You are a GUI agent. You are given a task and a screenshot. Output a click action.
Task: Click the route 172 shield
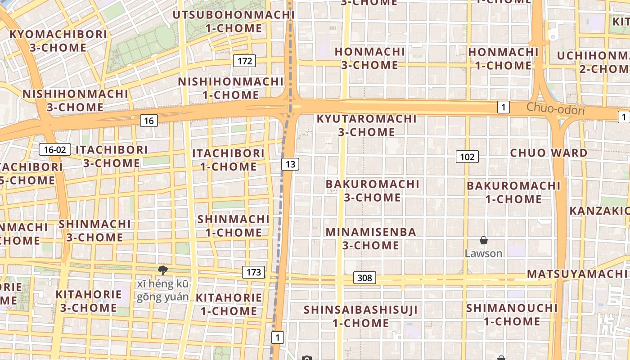coord(245,61)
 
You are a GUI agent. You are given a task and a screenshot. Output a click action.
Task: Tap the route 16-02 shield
coord(55,149)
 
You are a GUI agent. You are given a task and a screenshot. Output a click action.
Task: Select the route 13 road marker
coord(290,164)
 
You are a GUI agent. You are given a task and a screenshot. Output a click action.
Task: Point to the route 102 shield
coord(467,157)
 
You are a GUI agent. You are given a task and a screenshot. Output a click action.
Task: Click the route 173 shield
coord(254,272)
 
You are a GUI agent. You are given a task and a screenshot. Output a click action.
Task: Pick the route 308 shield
coord(364,278)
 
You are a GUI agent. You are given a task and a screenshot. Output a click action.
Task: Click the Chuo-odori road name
coord(555,108)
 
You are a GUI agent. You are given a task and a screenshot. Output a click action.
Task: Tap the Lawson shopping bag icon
coord(484,240)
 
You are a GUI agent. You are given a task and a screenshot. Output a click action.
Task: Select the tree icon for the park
coord(163,270)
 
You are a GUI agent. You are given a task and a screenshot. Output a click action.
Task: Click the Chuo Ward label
coord(549,153)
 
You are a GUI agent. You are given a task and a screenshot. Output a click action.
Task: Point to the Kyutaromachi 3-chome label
coord(367,126)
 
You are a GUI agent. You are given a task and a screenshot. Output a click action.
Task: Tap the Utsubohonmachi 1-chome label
coord(234,22)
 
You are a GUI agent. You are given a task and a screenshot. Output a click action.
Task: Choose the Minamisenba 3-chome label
coord(371,238)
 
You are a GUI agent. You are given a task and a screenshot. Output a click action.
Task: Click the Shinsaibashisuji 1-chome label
coord(360,316)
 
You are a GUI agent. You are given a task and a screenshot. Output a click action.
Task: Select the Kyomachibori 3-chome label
coord(58,41)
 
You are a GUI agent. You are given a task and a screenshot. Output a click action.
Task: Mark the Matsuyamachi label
coord(578,274)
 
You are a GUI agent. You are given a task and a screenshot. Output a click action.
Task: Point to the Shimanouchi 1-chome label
coord(512,315)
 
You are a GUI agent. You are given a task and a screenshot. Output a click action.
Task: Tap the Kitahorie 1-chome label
coord(229,304)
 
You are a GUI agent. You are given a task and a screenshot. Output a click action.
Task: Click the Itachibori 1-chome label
coord(229,160)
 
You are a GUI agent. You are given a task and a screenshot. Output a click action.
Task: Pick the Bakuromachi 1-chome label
coord(513,192)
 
